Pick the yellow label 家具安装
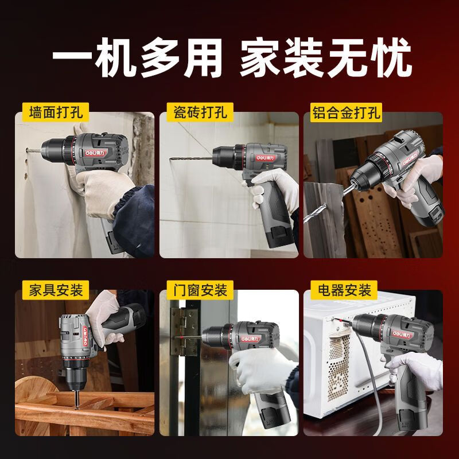click(x=52, y=289)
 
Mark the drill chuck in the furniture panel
click(x=76, y=375)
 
